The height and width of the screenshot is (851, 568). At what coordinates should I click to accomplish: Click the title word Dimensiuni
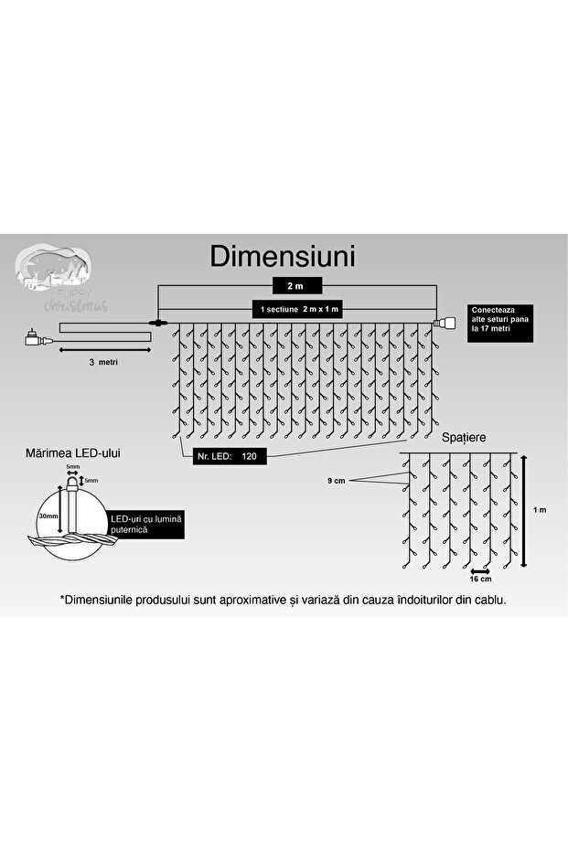283,256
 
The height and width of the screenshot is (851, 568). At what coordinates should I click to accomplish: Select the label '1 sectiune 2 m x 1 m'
299,310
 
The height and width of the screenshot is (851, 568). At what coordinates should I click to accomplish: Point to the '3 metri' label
103,362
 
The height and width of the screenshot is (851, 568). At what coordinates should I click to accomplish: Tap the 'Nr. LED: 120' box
224,454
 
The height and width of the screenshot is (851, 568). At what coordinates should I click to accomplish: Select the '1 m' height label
541,511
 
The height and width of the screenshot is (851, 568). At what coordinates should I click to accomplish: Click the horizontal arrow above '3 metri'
102,350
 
